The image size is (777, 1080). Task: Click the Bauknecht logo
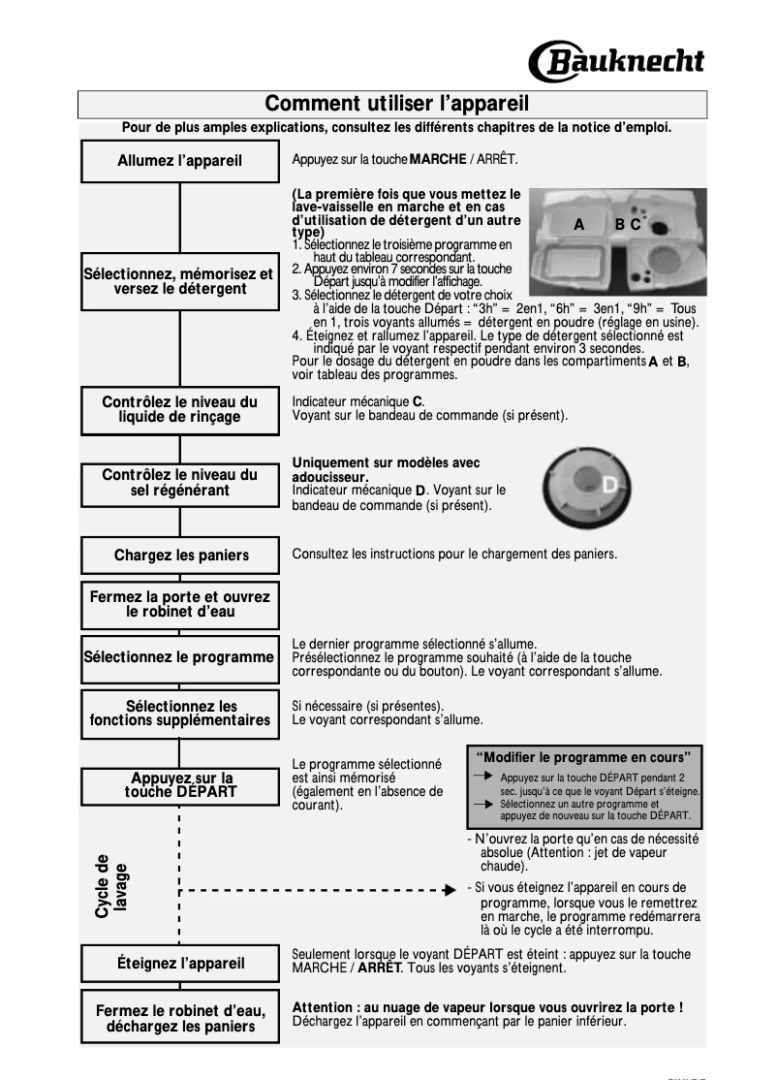point(616,61)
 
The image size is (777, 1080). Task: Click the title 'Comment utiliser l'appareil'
point(396,104)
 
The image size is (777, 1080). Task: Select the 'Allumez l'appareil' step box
point(180,161)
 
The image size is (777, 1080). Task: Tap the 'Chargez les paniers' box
point(181,556)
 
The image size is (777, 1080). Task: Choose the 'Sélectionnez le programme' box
point(179,656)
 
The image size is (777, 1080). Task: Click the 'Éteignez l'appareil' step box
point(181,964)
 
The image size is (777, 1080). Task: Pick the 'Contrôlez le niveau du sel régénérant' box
point(180,482)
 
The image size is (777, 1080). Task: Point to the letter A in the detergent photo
point(578,225)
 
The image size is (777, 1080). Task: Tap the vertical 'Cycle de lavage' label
point(110,886)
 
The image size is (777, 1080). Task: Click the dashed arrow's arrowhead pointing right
point(449,890)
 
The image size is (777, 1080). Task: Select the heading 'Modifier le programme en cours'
point(583,757)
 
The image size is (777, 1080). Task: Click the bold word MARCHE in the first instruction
point(438,158)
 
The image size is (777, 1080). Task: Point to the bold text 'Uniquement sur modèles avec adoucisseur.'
point(386,470)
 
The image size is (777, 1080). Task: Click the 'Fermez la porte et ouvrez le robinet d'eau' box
point(180,605)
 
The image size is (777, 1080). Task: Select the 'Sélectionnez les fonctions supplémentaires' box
point(180,714)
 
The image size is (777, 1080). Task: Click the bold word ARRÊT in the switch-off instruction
point(380,968)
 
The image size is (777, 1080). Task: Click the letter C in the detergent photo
point(636,225)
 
